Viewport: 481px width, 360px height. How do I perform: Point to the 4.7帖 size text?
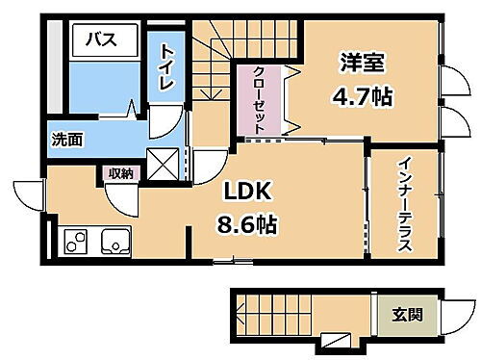pyautogui.click(x=363, y=96)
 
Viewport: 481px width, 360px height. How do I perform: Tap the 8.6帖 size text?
pyautogui.click(x=246, y=227)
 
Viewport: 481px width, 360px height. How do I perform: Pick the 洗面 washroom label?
pyautogui.click(x=66, y=139)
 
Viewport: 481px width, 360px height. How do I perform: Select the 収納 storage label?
pyautogui.click(x=120, y=173)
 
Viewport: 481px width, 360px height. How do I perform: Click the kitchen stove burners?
pyautogui.click(x=75, y=241)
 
